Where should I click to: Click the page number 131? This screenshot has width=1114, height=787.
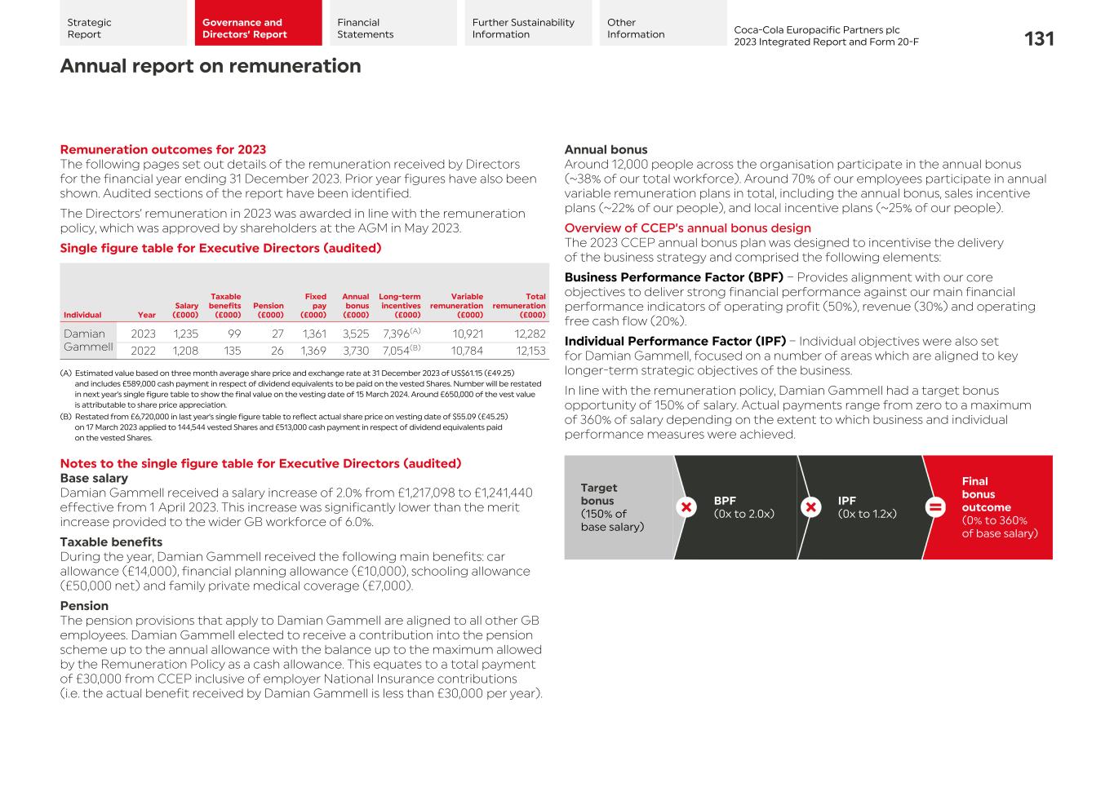coord(1038,38)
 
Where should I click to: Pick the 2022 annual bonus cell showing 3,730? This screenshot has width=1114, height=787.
coord(355,351)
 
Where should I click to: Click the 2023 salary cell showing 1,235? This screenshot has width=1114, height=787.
coord(185,334)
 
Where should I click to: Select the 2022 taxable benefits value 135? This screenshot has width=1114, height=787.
coord(232,351)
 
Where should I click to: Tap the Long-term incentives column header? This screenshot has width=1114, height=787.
coord(399,306)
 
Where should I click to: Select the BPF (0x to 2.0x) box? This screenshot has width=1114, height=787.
coord(743,507)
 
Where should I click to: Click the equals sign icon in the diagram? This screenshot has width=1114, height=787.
coord(935,507)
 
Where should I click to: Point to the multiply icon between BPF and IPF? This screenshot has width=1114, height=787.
coord(810,507)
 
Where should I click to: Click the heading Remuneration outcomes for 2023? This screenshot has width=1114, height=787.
coord(162,149)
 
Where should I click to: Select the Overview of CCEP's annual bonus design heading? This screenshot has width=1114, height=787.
coord(687,228)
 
